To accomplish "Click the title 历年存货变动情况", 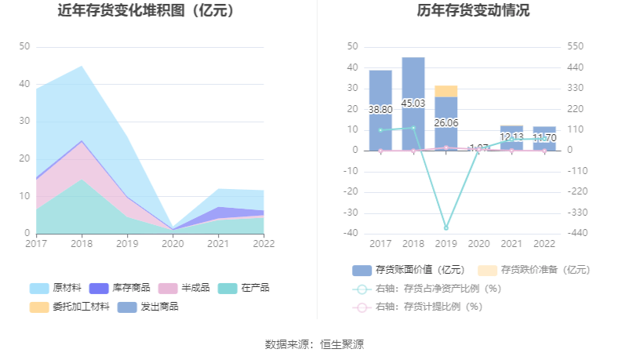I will click(x=473, y=11).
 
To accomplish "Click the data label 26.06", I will click(x=446, y=123).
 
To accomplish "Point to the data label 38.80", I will click(x=380, y=110).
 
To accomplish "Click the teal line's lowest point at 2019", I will click(x=446, y=227).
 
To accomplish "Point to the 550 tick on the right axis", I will click(x=576, y=47).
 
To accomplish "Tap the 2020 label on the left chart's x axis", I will click(x=173, y=243).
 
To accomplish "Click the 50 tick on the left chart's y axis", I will click(x=24, y=47).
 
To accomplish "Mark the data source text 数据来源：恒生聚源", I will click(x=314, y=344).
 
